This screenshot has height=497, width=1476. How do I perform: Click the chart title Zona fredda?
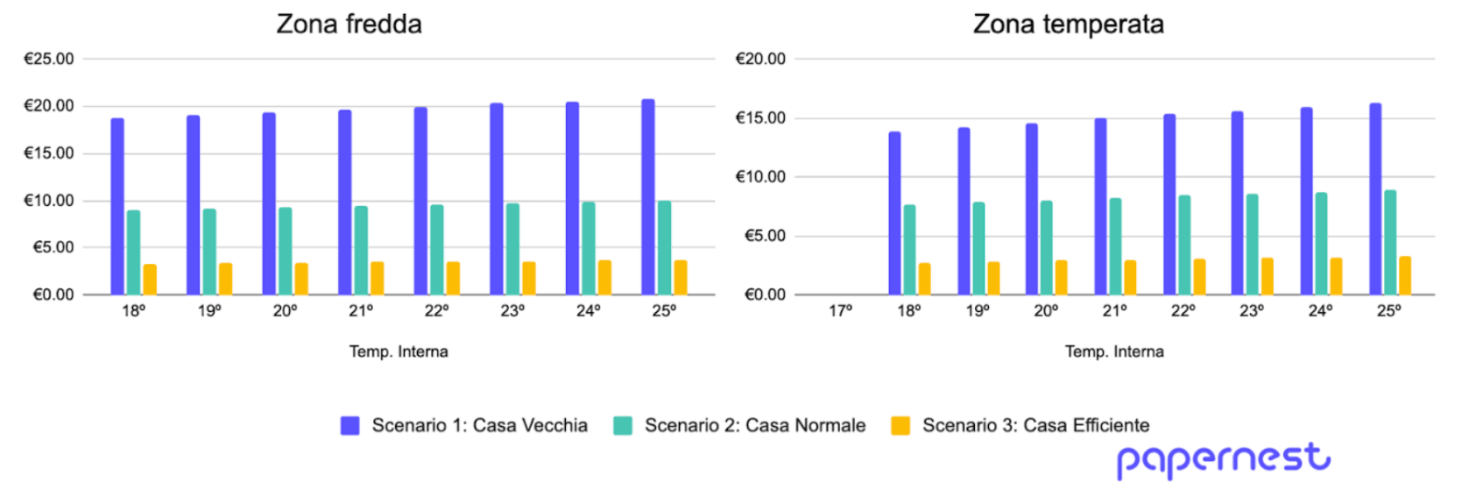[x=349, y=24]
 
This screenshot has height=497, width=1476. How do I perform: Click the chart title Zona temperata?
[x=1068, y=24]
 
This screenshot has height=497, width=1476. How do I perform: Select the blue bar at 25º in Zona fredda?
[x=648, y=197]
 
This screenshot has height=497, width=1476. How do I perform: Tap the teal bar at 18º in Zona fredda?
[x=133, y=252]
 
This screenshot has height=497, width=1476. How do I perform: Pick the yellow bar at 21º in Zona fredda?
[x=378, y=278]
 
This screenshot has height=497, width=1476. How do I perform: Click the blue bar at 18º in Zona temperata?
[x=894, y=213]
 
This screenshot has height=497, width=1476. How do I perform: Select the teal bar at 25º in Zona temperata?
[x=1390, y=242]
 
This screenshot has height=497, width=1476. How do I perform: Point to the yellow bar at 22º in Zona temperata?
[x=1199, y=276]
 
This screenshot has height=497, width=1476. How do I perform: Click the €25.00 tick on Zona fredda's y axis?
[x=49, y=59]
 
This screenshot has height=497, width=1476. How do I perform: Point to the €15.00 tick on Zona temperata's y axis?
[x=760, y=117]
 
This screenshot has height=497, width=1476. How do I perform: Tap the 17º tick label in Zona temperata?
[x=840, y=310]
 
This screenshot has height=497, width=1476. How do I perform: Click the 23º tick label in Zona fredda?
[x=512, y=310]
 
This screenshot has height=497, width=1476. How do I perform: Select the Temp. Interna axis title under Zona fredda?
[x=399, y=351]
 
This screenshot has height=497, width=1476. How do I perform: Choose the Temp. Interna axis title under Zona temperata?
[x=1114, y=351]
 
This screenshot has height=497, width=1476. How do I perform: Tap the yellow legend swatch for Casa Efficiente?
[x=900, y=426]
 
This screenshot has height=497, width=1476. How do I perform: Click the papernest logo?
[x=1223, y=459]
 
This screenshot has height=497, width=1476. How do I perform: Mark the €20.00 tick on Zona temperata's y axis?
[x=760, y=59]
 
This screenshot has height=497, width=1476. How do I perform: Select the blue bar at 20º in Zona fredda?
[x=269, y=203]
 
